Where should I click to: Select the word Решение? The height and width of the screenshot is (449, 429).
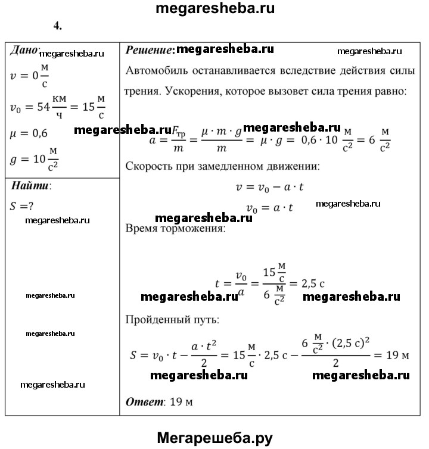[148, 50]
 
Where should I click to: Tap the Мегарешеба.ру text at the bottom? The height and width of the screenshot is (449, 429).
[214, 438]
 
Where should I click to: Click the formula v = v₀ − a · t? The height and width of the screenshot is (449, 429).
[271, 186]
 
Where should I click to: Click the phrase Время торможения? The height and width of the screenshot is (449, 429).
[176, 229]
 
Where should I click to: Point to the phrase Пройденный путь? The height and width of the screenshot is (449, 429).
[172, 320]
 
